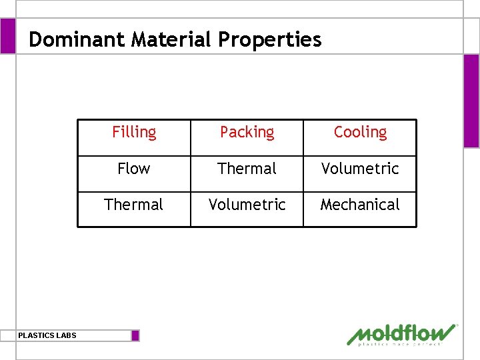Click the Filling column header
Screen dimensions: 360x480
[x=134, y=132]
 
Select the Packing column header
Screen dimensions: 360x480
[x=247, y=132]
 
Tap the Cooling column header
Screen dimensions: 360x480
[x=360, y=132]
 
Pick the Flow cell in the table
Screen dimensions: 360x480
[x=134, y=169]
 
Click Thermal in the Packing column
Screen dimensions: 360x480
[x=247, y=169]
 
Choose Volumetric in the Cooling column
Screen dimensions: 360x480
[x=360, y=169]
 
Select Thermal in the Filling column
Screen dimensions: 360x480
[x=134, y=205]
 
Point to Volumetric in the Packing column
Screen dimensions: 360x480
[x=247, y=205]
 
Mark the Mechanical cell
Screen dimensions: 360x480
[x=360, y=205]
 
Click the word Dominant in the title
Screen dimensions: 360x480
[x=78, y=39]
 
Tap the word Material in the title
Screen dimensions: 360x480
[x=173, y=39]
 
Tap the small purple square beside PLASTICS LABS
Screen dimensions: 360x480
[x=135, y=335]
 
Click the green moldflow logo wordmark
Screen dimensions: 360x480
[x=402, y=333]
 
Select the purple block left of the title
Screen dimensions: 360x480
[x=7, y=36]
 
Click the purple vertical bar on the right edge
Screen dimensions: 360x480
[x=471, y=100]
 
